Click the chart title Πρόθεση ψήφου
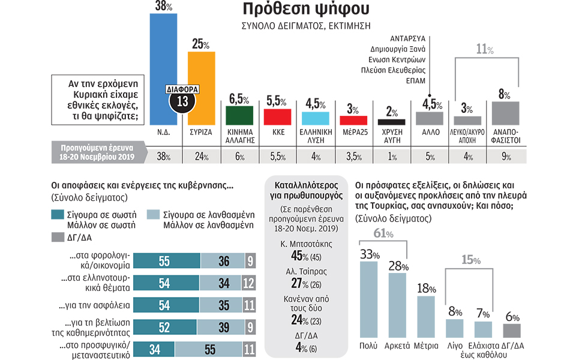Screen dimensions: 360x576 pyautogui.click(x=293, y=10)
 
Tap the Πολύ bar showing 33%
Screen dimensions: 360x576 pyautogui.click(x=368, y=300)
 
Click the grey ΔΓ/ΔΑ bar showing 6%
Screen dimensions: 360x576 pyautogui.click(x=511, y=331)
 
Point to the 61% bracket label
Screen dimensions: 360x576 pyautogui.click(x=383, y=233)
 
